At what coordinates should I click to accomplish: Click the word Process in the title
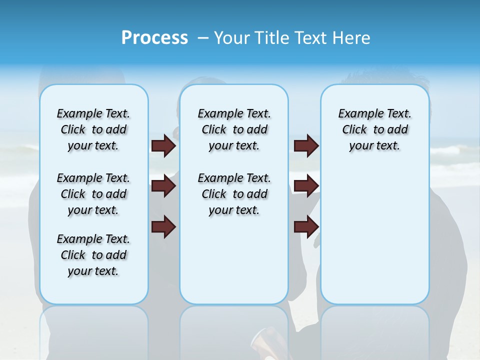(154, 38)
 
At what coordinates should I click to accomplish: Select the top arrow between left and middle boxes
(163, 145)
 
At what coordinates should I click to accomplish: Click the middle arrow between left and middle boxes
(163, 186)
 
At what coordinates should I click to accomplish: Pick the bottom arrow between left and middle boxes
(163, 226)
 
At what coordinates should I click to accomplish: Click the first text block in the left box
(93, 129)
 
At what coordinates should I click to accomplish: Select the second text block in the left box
(93, 194)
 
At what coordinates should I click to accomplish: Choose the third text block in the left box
(93, 255)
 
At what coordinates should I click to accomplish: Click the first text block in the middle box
(234, 129)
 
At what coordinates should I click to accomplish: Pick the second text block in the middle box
(234, 194)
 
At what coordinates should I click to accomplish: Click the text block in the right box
(374, 129)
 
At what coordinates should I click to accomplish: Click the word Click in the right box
(354, 130)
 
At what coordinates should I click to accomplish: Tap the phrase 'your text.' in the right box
(374, 146)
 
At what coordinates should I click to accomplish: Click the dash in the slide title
(203, 38)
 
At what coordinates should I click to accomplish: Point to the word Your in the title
(231, 38)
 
